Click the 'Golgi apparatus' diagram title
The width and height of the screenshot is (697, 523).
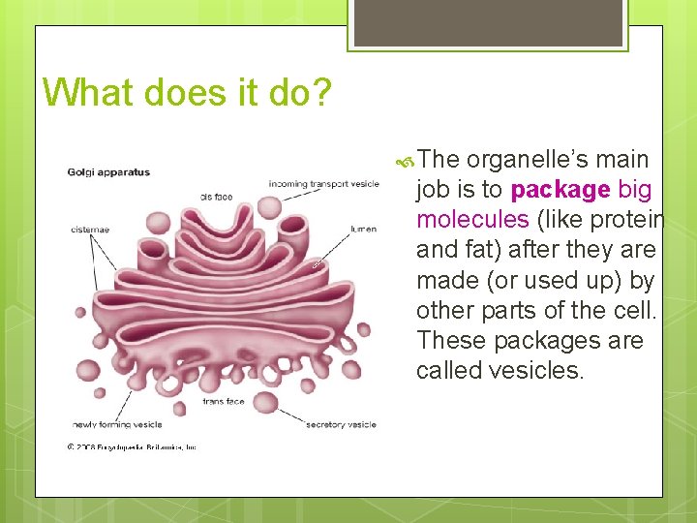108,172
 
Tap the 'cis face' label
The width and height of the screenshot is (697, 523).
217,198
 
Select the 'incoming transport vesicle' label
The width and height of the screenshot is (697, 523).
323,182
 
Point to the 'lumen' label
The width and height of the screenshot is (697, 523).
363,230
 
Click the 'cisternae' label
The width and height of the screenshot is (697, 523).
89,230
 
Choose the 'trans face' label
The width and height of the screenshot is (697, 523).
223,401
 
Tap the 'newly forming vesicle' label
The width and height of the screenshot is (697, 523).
116,424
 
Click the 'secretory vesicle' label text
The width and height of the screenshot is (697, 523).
340,424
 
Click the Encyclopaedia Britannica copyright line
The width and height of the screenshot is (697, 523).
132,446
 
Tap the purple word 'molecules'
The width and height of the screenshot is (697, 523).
472,219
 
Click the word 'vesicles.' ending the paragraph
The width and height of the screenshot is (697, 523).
543,371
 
